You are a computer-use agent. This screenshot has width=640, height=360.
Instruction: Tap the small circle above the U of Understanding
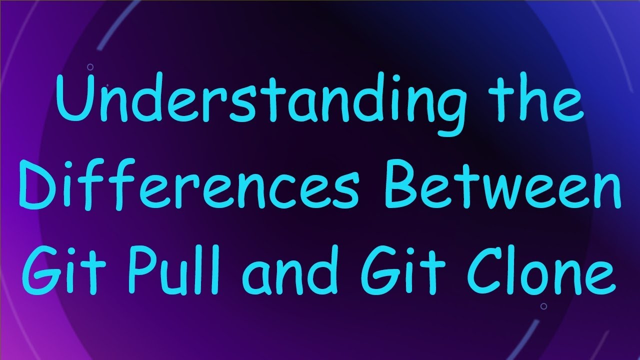pyautogui.click(x=90, y=66)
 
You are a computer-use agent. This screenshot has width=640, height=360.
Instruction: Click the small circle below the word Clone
pyautogui.click(x=543, y=306)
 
